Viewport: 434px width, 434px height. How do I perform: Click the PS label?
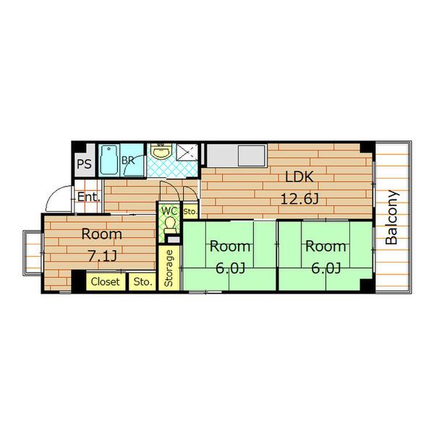tap(84, 164)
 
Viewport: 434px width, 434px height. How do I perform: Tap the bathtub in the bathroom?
tap(109, 160)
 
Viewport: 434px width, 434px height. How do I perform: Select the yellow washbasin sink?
tap(161, 151)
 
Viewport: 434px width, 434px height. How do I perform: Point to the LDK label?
tap(299, 177)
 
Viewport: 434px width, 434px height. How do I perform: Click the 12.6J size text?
tap(299, 199)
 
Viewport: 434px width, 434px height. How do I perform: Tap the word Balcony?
tap(391, 217)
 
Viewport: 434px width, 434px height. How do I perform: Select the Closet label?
tap(105, 282)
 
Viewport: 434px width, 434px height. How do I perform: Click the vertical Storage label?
tap(169, 268)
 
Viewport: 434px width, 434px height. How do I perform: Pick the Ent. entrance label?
tap(88, 197)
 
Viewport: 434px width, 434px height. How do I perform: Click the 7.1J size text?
tap(102, 256)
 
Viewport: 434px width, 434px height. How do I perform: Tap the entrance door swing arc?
tap(54, 195)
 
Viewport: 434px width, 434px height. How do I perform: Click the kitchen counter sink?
tap(252, 156)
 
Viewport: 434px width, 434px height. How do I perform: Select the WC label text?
tap(169, 211)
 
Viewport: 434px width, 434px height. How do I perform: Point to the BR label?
tap(128, 161)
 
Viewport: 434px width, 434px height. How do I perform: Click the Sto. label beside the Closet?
tap(142, 282)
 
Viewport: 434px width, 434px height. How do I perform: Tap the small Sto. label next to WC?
tap(190, 212)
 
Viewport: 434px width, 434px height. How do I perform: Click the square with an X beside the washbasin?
tap(187, 152)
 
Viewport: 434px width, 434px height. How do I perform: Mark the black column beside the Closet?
tap(79, 281)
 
